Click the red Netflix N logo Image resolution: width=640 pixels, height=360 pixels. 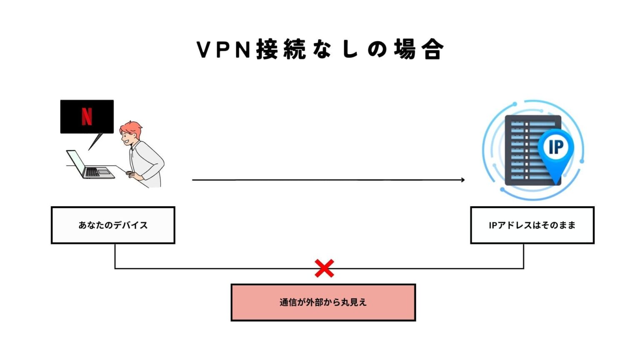(x=87, y=116)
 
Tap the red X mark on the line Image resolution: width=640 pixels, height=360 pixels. (x=324, y=268)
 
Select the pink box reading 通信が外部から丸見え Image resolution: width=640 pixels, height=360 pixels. (x=323, y=302)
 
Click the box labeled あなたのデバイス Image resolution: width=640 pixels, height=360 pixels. (x=113, y=225)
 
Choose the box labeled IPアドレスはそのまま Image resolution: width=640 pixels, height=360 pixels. (x=532, y=225)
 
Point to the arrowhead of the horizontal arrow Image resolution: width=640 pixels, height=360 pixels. (x=462, y=180)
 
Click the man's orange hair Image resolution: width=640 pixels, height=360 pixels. (x=132, y=127)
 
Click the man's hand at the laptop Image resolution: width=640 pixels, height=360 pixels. (x=132, y=175)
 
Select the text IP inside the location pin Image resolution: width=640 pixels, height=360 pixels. (x=556, y=147)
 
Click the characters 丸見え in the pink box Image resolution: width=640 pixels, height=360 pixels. (x=354, y=302)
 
